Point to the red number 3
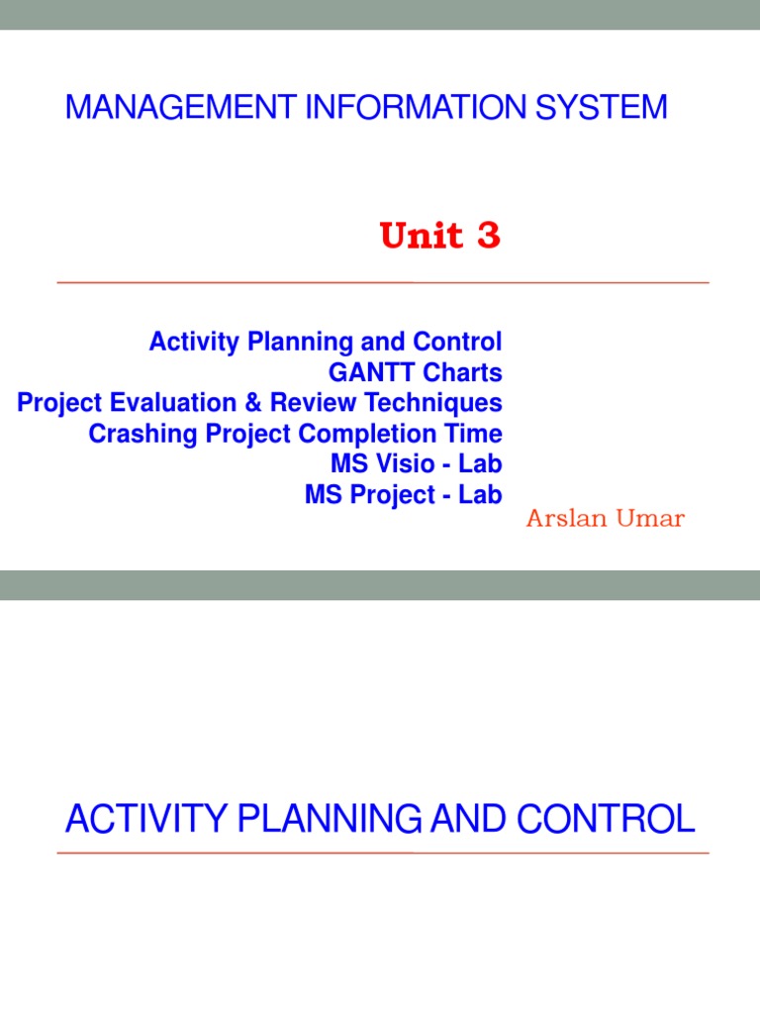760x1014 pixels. click(489, 237)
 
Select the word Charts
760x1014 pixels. click(463, 373)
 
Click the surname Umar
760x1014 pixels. click(649, 520)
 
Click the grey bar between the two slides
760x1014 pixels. click(380, 584)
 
